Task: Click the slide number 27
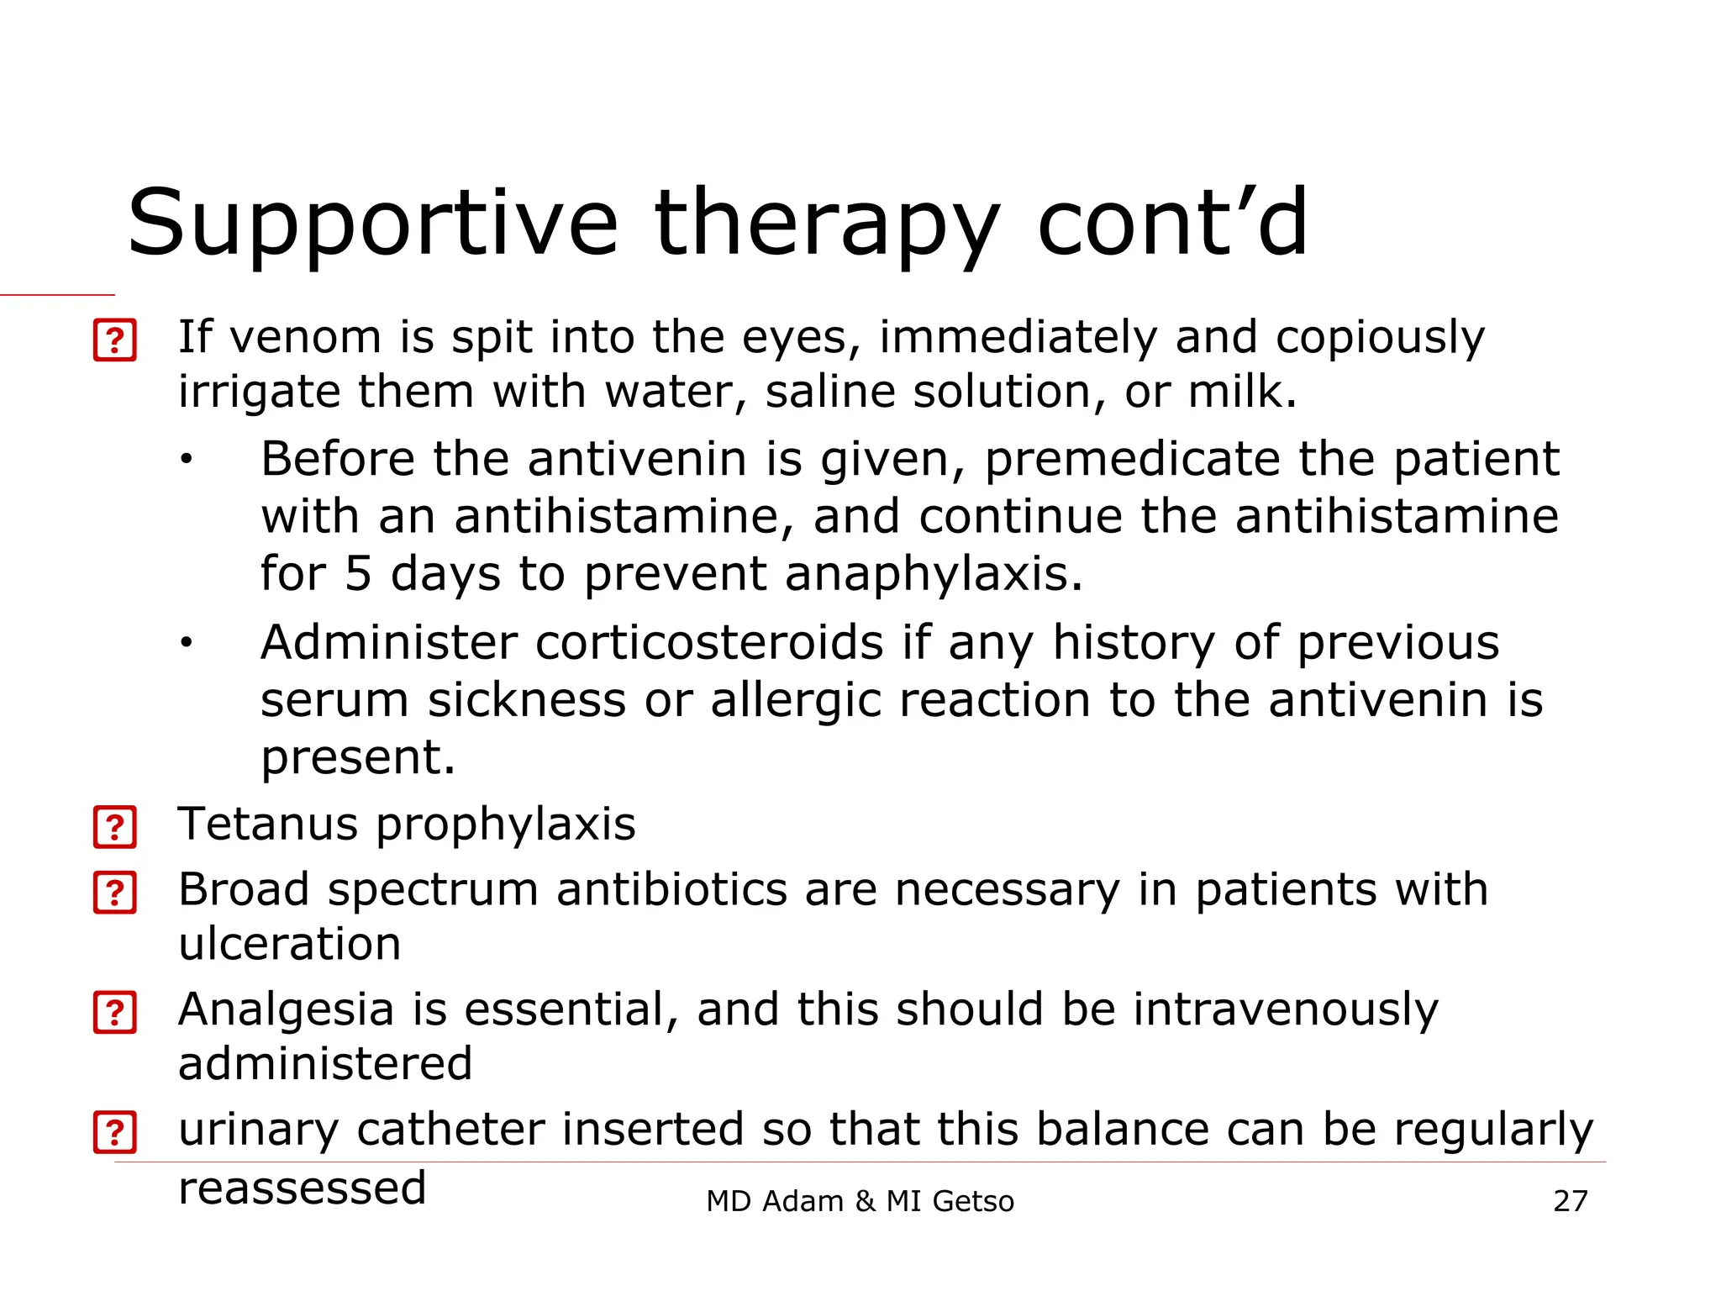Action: pos(1570,1201)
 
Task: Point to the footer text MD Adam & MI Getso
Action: pos(860,1201)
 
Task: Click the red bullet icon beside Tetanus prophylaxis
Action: pos(115,827)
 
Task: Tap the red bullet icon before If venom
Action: pos(115,340)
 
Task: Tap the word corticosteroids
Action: pos(709,643)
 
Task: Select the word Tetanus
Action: pos(268,824)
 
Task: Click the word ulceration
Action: pos(289,944)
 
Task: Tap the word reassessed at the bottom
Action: pos(303,1188)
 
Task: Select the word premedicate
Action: pos(1131,461)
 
